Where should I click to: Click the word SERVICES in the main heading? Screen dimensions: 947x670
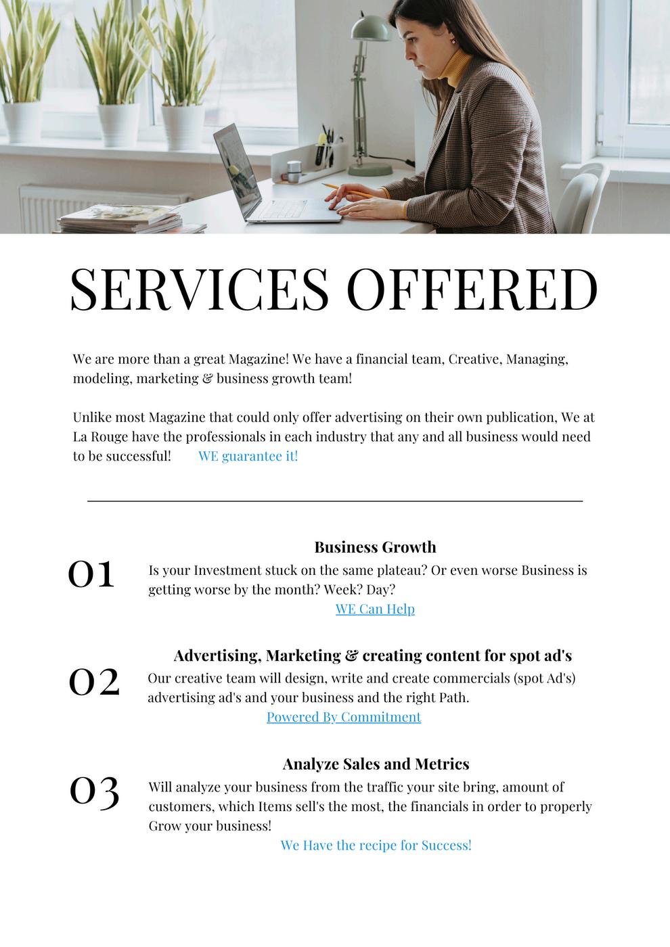tap(199, 289)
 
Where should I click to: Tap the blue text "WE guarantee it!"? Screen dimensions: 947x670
tap(248, 456)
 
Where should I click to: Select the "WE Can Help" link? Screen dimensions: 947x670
tap(375, 609)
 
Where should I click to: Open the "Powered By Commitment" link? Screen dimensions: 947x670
tap(344, 717)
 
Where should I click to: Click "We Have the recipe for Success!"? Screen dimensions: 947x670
tap(376, 845)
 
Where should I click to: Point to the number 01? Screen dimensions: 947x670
tap(91, 574)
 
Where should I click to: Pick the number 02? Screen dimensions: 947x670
tap(94, 682)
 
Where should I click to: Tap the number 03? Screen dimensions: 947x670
tap(94, 791)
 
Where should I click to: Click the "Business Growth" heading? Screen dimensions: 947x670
tap(375, 547)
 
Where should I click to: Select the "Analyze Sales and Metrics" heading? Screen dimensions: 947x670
tap(376, 764)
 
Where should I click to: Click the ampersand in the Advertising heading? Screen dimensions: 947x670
tap(351, 655)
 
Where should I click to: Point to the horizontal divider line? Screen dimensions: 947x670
tap(335, 501)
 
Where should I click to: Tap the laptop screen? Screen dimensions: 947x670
tap(237, 166)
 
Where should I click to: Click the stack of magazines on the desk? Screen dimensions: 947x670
tap(122, 219)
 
